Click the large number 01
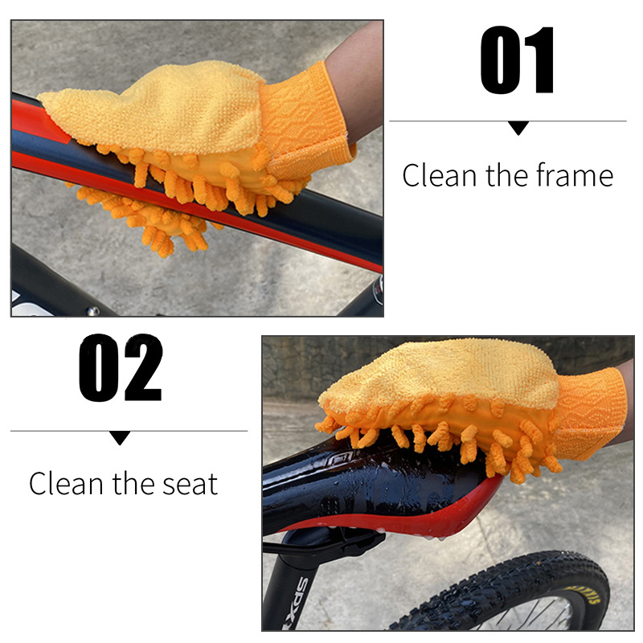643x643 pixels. coord(517,59)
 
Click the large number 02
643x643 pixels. coord(121,367)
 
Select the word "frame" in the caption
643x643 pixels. coord(575,175)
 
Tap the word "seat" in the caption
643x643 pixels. coord(190,485)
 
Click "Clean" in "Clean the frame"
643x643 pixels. coord(439,175)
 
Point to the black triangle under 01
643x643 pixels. coord(518,128)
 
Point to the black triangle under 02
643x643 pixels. coord(120,437)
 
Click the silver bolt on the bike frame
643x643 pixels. coord(92,311)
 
